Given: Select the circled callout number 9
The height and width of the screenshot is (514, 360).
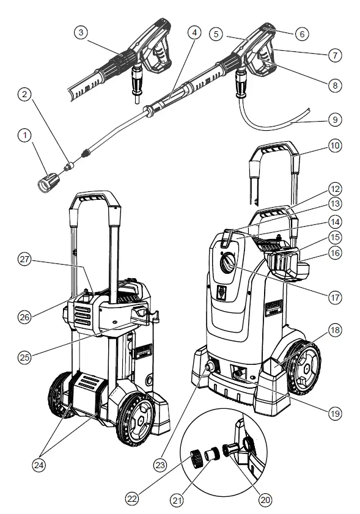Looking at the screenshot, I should pyautogui.click(x=334, y=120).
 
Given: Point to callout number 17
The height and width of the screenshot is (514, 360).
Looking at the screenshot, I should pyautogui.click(x=334, y=299).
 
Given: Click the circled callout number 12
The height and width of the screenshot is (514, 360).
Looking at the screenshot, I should pyautogui.click(x=334, y=189).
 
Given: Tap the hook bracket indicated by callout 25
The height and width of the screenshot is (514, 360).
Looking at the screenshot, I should pyautogui.click(x=142, y=317).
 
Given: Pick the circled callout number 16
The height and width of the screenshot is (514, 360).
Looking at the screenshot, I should pyautogui.click(x=334, y=252).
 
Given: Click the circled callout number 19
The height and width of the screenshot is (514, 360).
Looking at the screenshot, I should pyautogui.click(x=334, y=414).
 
